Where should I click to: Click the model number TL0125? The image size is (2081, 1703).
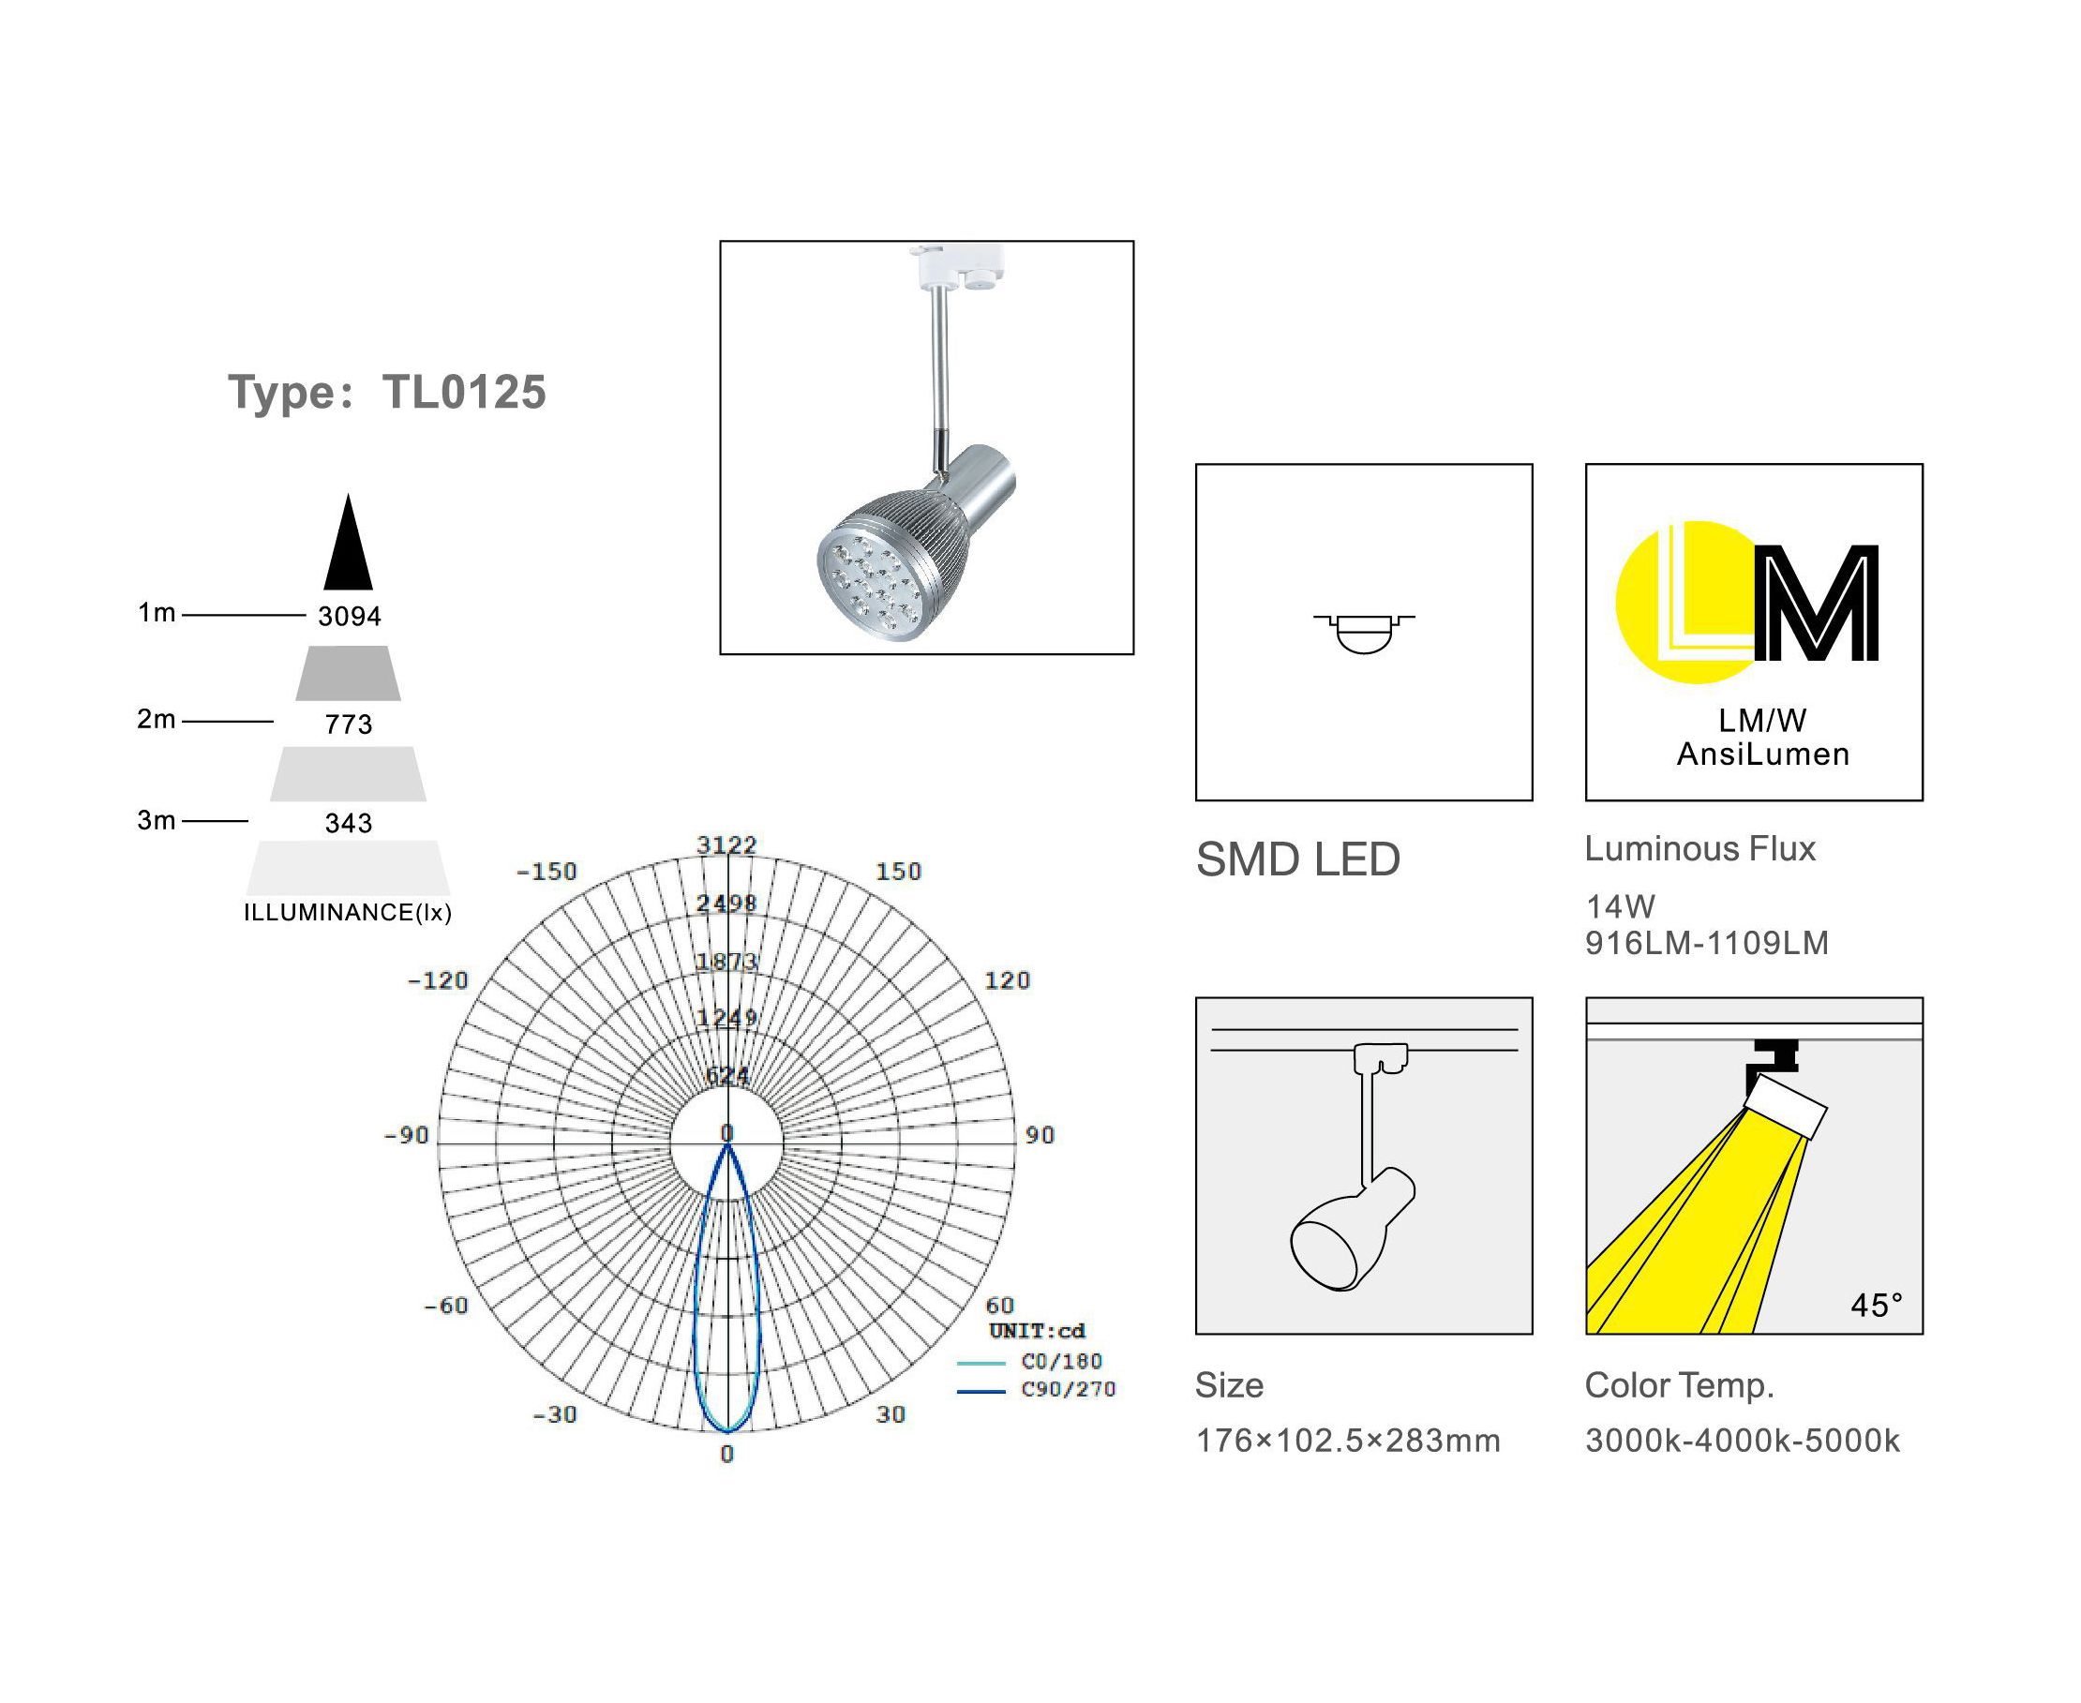click(x=464, y=393)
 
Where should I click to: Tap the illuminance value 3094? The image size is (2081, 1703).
click(x=350, y=616)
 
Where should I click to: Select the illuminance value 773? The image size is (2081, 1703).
click(x=350, y=724)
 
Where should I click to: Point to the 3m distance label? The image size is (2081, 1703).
click(x=156, y=820)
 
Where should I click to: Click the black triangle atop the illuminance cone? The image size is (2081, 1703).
click(x=349, y=542)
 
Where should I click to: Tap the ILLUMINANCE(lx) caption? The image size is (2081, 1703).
click(x=348, y=912)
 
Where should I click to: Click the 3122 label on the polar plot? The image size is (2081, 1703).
click(x=727, y=844)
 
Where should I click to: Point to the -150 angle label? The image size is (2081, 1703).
click(x=546, y=871)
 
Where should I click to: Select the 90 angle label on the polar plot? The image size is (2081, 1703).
click(x=1039, y=1135)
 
